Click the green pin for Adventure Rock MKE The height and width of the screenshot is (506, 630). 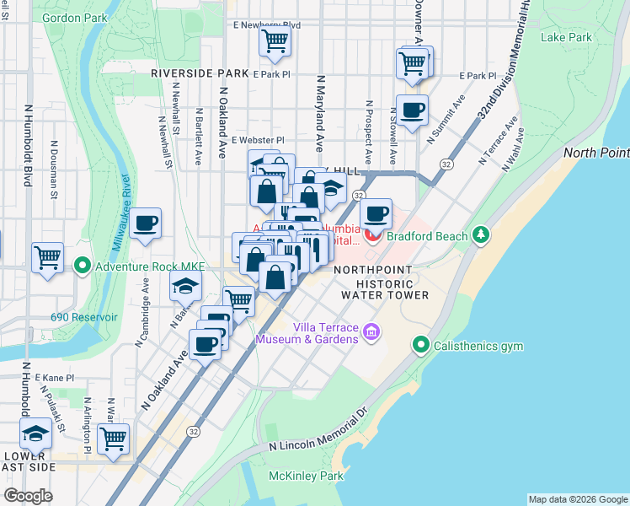click(x=82, y=266)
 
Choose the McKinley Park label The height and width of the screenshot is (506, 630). click(x=306, y=476)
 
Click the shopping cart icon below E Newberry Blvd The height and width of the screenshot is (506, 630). click(x=275, y=40)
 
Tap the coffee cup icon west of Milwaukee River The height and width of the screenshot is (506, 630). click(x=146, y=223)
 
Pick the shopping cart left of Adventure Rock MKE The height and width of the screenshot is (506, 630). click(x=47, y=256)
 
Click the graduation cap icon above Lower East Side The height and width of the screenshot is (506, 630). click(x=35, y=434)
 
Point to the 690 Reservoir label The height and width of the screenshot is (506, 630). click(x=83, y=318)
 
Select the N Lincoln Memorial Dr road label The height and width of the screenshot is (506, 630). click(x=318, y=432)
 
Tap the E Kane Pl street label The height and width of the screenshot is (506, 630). click(x=55, y=379)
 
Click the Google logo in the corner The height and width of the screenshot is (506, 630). click(x=28, y=496)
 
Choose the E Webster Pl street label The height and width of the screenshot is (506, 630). click(x=258, y=140)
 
